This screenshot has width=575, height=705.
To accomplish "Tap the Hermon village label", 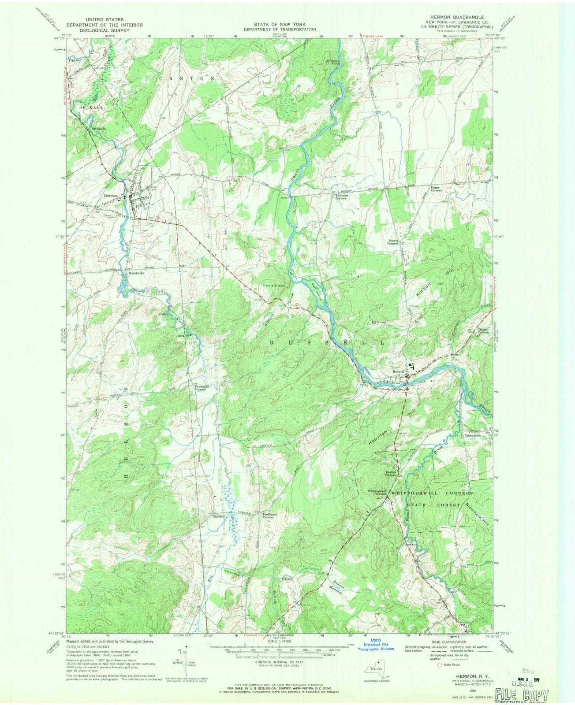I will click(110, 195).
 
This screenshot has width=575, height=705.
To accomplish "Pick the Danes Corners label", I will click(437, 189).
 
